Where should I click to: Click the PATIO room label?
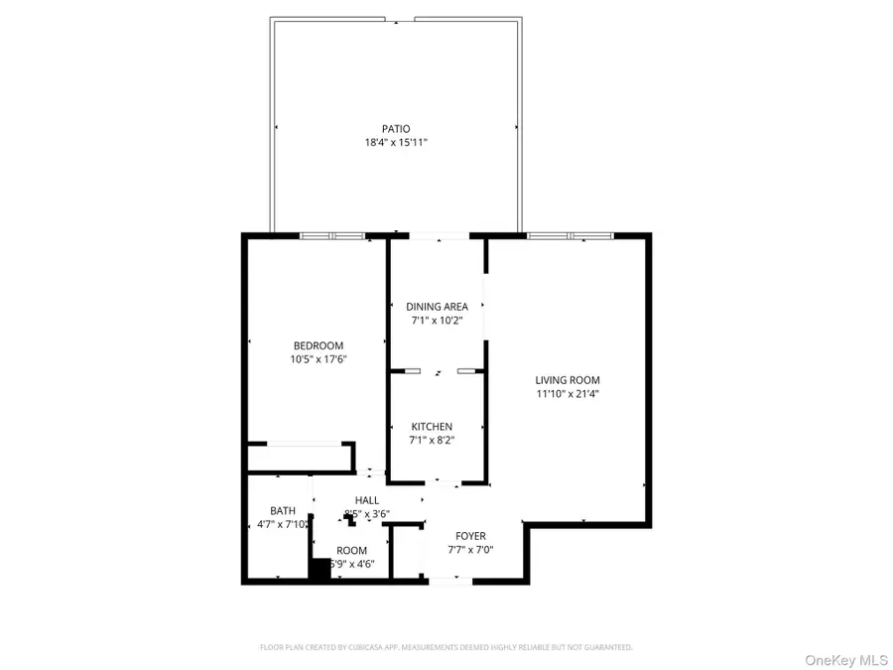point(396,128)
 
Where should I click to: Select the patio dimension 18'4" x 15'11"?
point(396,143)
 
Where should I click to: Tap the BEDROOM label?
point(319,345)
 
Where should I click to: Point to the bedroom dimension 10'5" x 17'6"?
point(319,359)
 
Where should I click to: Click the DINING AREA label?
point(437,307)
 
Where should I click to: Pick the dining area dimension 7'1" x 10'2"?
point(437,321)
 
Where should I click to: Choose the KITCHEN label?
point(432,427)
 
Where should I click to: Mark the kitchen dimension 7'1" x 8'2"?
point(432,441)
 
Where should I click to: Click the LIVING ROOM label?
point(568,379)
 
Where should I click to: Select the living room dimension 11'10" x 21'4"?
point(568,394)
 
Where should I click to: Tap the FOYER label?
point(470,536)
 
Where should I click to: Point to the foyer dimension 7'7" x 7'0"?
point(470,550)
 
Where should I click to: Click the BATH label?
point(269,510)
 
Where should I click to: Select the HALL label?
point(367,500)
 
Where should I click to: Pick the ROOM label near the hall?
point(351,550)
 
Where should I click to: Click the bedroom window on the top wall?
point(333,236)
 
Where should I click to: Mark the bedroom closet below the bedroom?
point(301,459)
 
